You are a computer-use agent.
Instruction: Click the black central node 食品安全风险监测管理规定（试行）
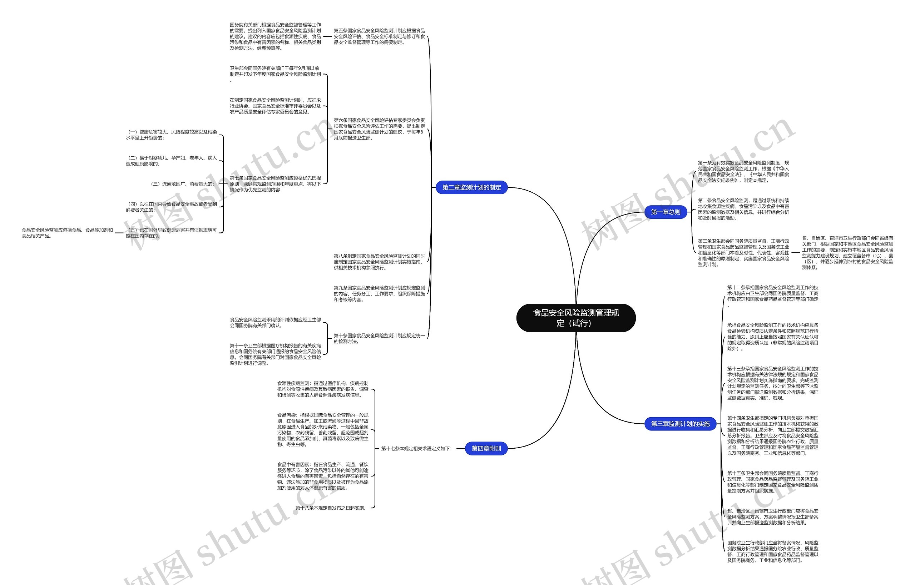pyautogui.click(x=575, y=318)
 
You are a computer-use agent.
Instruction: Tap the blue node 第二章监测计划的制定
pyautogui.click(x=471, y=187)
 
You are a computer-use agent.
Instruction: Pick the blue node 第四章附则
pyautogui.click(x=486, y=448)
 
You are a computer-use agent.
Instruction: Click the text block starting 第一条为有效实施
pyautogui.click(x=743, y=171)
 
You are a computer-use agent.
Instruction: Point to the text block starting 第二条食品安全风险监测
pyautogui.click(x=743, y=209)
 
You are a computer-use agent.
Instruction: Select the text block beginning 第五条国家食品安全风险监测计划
pyautogui.click(x=379, y=36)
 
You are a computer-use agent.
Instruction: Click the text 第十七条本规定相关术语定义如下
pyautogui.click(x=416, y=449)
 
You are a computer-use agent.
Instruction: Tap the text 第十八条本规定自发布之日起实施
pyautogui.click(x=331, y=508)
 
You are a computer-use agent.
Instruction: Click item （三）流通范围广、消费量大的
pyautogui.click(x=183, y=184)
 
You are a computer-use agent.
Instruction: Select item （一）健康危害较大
pyautogui.click(x=171, y=135)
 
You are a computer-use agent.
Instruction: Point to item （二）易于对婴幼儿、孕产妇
pyautogui.click(x=171, y=161)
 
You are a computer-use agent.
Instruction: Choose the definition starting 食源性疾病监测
pyautogui.click(x=322, y=389)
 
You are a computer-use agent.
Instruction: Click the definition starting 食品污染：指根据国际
pyautogui.click(x=322, y=430)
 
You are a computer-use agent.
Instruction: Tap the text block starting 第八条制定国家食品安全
pyautogui.click(x=379, y=262)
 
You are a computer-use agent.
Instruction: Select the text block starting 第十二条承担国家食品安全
pyautogui.click(x=772, y=296)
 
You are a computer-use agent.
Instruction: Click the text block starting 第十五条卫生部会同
pyautogui.click(x=772, y=482)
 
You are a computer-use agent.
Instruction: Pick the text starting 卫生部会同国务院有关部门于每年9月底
pyautogui.click(x=275, y=74)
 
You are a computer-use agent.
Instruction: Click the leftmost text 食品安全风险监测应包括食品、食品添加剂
pyautogui.click(x=67, y=233)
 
